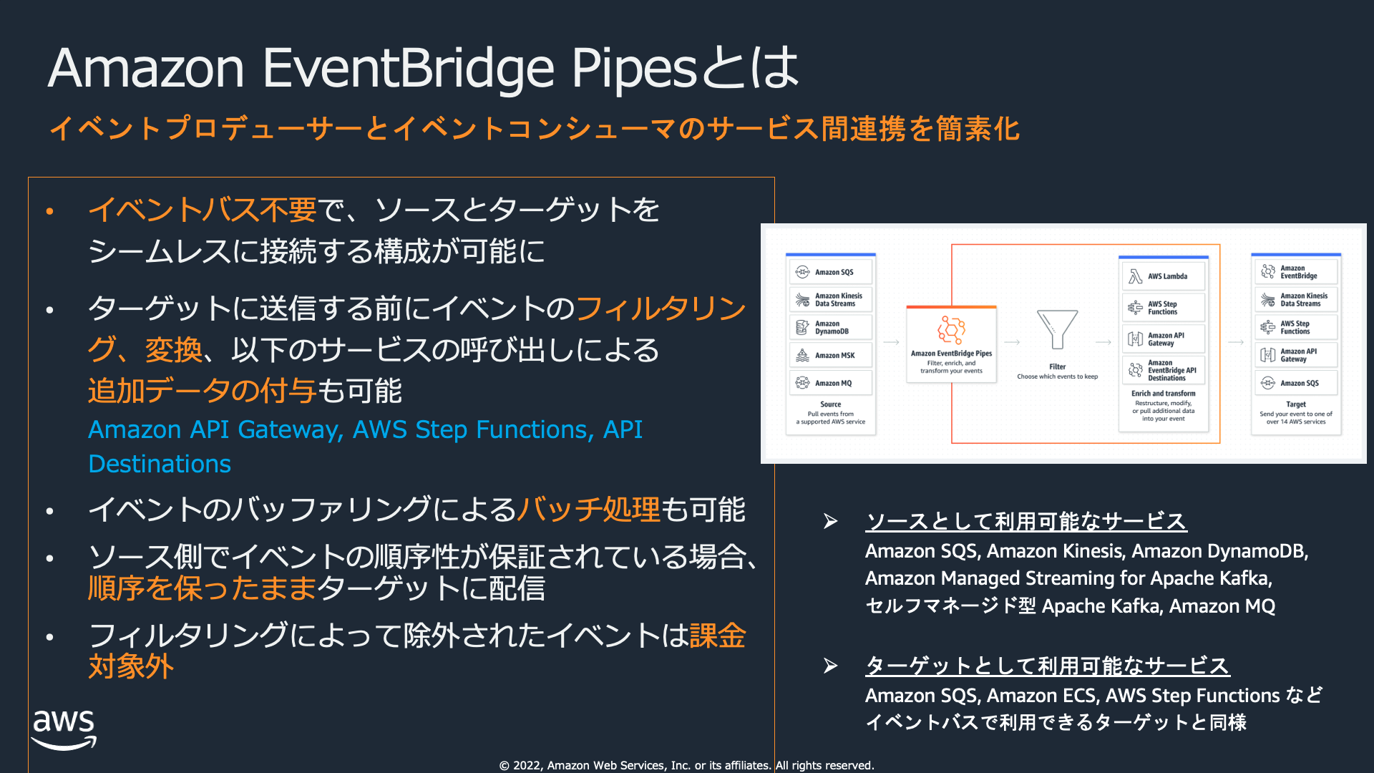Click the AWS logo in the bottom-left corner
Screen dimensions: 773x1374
coord(64,729)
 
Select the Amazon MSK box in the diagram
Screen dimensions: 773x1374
coord(831,355)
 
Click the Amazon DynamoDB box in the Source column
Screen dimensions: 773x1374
coord(831,328)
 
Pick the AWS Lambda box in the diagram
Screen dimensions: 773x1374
coord(1164,276)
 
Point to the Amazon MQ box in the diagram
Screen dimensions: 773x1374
coord(831,383)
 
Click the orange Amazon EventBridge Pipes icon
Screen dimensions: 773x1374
coord(951,330)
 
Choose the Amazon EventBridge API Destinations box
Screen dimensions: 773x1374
coord(1164,370)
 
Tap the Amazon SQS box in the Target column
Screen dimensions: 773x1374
coord(1296,383)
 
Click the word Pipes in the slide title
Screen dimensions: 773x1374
coord(633,69)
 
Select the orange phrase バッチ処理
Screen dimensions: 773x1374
coord(588,510)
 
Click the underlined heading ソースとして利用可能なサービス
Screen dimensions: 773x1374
coord(1025,521)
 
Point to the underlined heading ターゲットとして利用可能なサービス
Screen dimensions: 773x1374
coord(1047,666)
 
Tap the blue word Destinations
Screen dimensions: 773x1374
coord(160,464)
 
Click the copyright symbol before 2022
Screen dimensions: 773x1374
coord(505,766)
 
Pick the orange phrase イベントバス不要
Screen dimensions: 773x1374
coord(202,210)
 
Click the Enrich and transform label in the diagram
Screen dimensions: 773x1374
coord(1163,394)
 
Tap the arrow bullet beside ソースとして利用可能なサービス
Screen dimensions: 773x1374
coord(830,521)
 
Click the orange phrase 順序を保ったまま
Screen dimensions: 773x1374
coord(202,588)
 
